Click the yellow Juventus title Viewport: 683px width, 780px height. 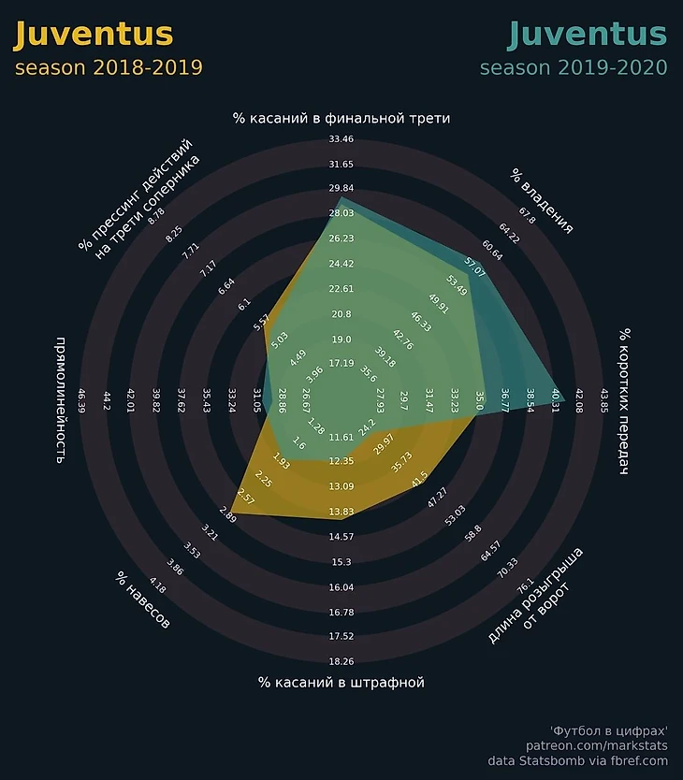tap(94, 35)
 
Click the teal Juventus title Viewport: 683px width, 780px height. tap(587, 35)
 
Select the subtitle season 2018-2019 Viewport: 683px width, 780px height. tap(109, 68)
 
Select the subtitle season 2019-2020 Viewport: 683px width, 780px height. tap(574, 68)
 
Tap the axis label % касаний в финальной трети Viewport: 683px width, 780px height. tap(341, 119)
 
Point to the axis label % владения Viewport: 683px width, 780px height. tap(542, 201)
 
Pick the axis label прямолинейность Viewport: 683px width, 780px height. tap(61, 401)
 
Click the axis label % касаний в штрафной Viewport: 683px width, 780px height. tap(341, 683)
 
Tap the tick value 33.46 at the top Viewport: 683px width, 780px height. tap(341, 140)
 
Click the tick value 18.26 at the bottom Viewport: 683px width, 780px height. tap(341, 662)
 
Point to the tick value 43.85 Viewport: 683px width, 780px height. tap(603, 401)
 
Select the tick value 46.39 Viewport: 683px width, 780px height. tap(81, 401)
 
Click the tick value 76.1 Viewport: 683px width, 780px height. tap(526, 584)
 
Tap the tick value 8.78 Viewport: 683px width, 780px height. tap(156, 212)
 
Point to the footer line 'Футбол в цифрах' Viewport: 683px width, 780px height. tap(609, 729)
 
